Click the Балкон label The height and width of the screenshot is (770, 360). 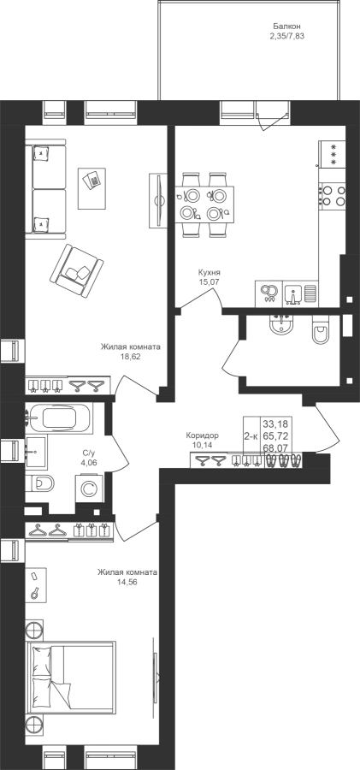tap(286, 27)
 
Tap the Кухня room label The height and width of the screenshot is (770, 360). tap(209, 273)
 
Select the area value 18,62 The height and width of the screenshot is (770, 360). tap(130, 357)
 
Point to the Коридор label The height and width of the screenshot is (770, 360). tap(202, 435)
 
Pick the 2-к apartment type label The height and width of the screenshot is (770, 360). tap(251, 436)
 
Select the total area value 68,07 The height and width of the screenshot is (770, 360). tap(276, 447)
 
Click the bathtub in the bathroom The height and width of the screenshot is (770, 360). tap(58, 418)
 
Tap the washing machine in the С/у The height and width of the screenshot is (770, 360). tap(89, 489)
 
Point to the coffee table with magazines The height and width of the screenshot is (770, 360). tap(91, 187)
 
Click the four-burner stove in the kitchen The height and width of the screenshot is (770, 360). tap(332, 195)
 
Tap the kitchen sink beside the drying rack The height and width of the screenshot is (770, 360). tap(292, 293)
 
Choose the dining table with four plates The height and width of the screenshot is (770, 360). tap(204, 204)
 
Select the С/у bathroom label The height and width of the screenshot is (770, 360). tap(88, 454)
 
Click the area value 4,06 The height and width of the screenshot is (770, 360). tap(88, 463)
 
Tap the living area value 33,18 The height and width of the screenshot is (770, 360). tap(276, 423)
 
